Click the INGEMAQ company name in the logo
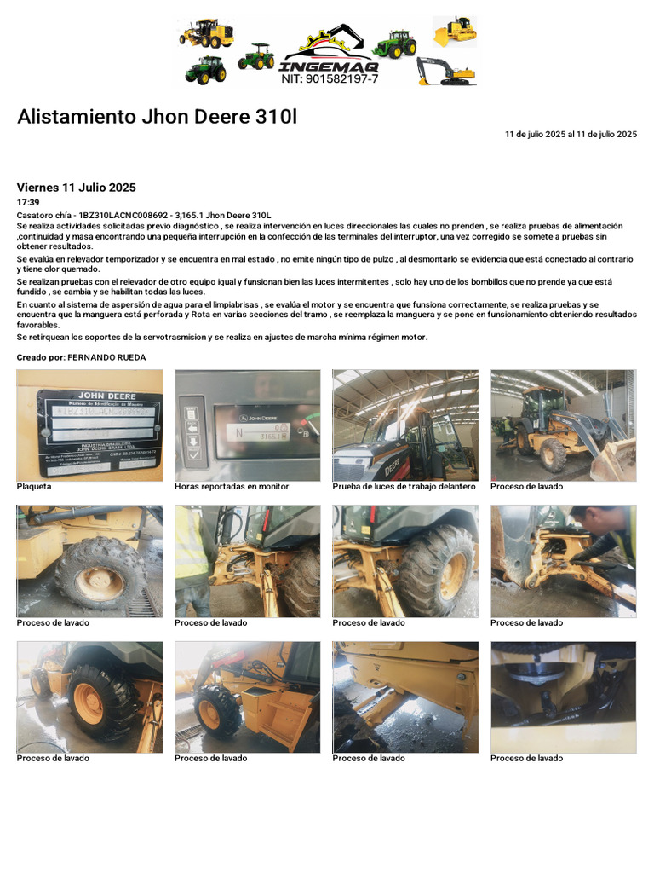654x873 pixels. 330,66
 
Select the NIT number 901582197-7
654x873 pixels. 330,78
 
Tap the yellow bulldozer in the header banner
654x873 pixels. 455,31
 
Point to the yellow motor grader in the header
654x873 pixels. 206,33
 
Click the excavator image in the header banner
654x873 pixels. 446,72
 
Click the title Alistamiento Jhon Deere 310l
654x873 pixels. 158,117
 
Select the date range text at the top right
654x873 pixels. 571,134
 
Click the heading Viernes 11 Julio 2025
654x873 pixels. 76,188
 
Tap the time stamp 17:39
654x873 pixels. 28,203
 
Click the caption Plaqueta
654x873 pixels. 34,487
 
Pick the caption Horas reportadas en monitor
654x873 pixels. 232,487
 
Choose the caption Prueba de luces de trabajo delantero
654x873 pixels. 404,487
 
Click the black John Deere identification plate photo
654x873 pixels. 89,425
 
